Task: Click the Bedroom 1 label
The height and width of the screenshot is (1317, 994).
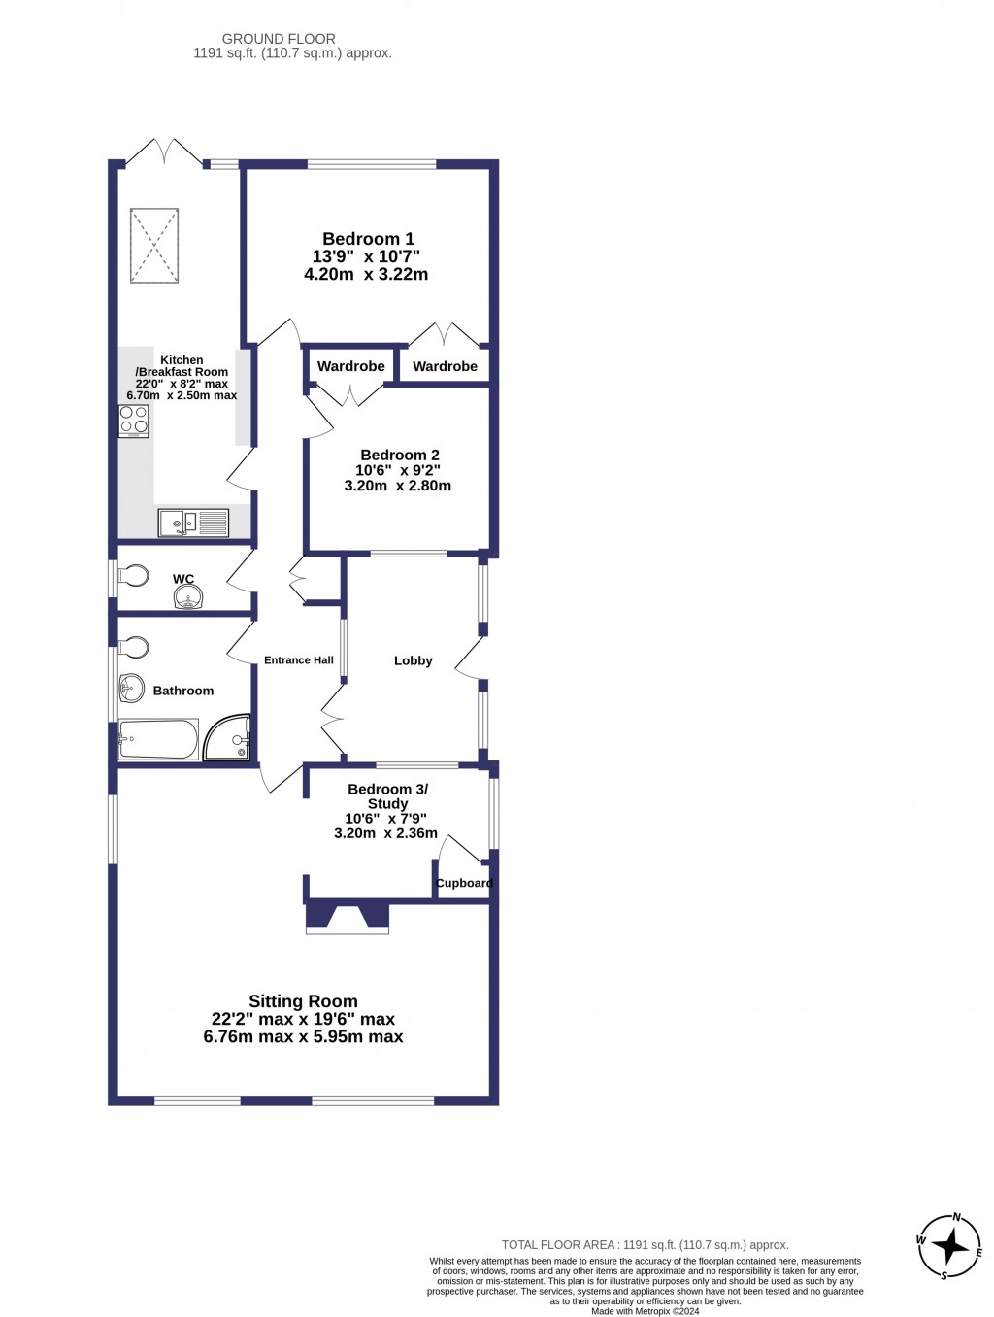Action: [368, 239]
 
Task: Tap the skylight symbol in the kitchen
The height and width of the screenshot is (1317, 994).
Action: [154, 246]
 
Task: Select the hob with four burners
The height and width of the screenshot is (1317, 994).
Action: [134, 421]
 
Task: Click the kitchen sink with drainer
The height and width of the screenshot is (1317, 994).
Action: [193, 523]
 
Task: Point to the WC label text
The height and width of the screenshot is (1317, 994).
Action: [183, 579]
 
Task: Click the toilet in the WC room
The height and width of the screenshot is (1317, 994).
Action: [133, 577]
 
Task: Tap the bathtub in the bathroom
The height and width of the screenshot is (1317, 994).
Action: [158, 739]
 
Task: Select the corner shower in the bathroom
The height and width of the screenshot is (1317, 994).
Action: [229, 738]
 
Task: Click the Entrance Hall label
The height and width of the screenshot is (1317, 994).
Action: [299, 660]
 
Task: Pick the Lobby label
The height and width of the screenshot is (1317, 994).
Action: [414, 660]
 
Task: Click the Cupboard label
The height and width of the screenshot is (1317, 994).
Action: [464, 883]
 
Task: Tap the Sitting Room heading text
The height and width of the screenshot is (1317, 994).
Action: [303, 1001]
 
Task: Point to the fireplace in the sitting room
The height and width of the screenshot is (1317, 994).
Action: [348, 918]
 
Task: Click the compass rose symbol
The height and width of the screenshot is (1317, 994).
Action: [950, 1245]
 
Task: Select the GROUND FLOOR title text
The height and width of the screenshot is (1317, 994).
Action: [279, 39]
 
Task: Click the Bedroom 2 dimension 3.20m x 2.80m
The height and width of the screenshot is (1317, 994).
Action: [398, 486]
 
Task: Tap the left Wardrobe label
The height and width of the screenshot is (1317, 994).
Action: [351, 366]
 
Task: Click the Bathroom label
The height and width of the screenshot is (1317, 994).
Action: [183, 691]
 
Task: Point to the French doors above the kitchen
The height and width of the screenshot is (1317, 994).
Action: [164, 153]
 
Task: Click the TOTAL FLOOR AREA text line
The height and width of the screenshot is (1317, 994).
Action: [645, 1244]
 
